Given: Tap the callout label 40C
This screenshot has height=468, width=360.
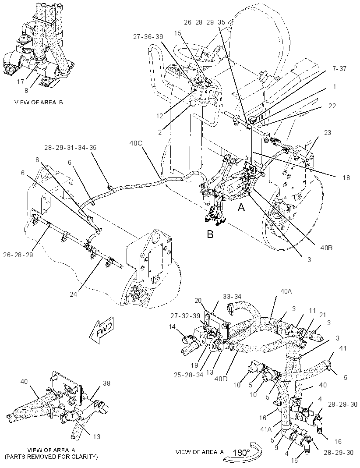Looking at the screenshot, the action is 136,143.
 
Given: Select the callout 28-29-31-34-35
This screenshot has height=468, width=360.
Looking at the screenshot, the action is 70,148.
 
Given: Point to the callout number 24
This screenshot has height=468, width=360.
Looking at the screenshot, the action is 74,294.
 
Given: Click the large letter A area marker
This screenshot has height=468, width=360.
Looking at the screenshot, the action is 241,207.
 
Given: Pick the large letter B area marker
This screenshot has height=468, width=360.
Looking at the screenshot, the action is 210,234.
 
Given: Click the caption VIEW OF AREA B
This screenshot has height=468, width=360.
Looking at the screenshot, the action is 39,102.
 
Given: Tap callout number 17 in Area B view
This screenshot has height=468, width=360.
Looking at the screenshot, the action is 20,82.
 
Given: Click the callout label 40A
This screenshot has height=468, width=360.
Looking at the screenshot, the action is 286,291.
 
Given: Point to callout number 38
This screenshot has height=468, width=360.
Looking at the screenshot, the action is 106,383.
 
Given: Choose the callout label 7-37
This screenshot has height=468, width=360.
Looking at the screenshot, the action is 339,69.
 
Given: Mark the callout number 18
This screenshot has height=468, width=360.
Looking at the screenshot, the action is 346,177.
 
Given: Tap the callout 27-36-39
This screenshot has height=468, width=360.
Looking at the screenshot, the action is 148,37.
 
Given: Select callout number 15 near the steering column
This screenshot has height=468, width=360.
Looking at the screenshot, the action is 178,33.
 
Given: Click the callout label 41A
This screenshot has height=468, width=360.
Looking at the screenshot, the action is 265,429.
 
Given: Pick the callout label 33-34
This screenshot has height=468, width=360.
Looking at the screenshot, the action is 231,297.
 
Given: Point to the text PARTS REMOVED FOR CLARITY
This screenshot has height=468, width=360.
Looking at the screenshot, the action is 52,457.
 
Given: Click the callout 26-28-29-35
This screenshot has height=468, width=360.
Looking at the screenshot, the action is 205,22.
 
